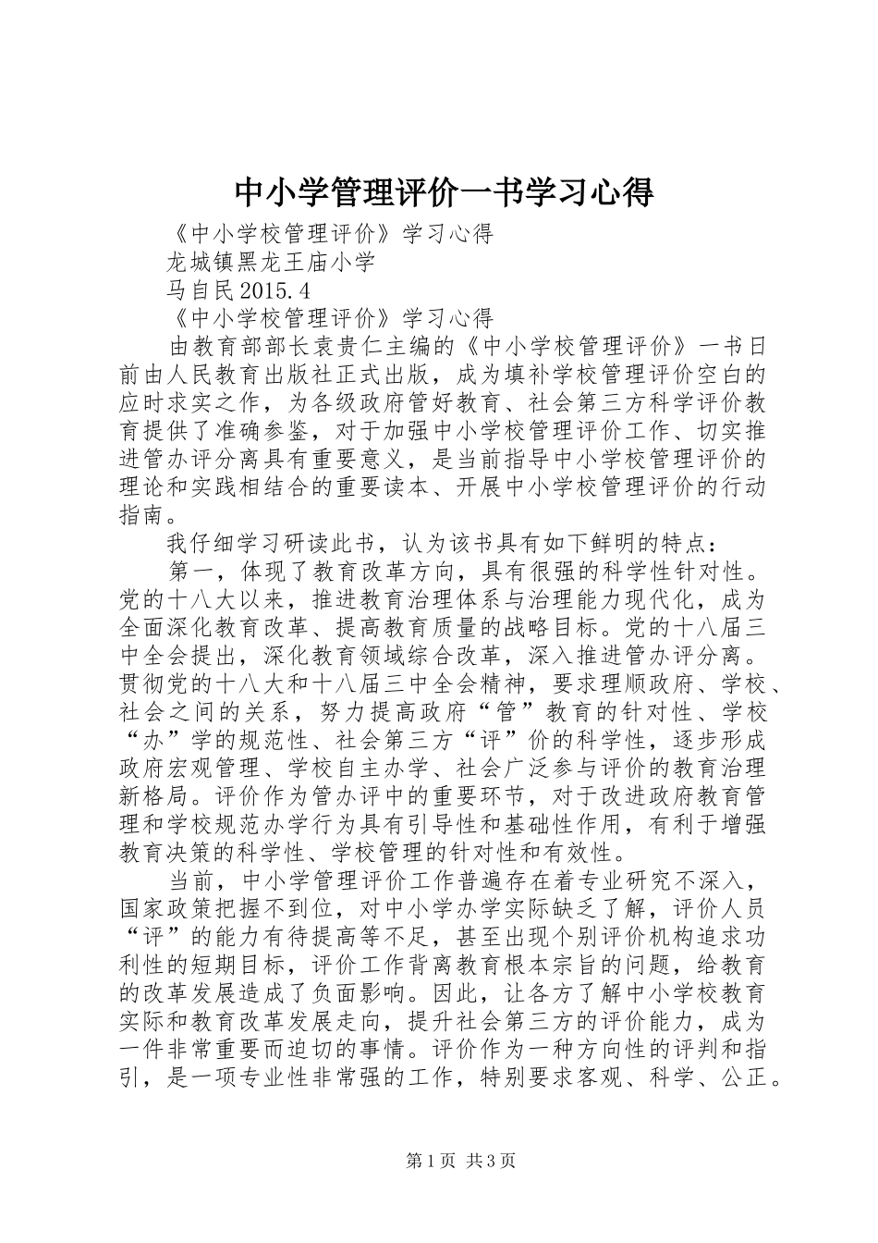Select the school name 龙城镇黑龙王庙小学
point(271,262)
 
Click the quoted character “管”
point(489,711)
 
